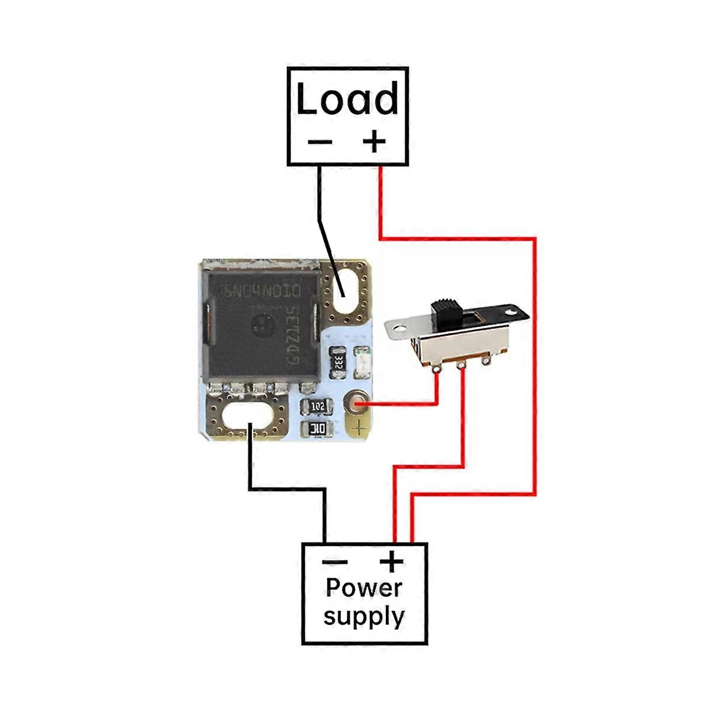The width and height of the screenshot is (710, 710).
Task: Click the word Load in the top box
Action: tap(347, 99)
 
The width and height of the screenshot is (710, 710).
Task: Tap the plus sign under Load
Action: tap(374, 142)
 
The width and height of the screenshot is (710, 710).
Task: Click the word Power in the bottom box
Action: tap(363, 588)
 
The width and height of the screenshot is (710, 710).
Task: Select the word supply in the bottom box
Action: tap(363, 616)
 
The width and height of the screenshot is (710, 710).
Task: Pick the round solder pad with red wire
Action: tap(356, 405)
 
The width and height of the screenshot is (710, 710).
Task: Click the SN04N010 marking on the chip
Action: tap(260, 291)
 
